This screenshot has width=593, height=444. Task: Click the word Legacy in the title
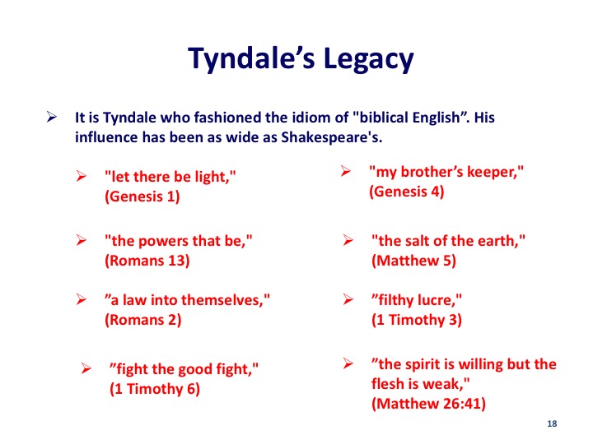pyautogui.click(x=369, y=59)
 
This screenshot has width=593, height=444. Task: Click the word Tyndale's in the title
pyautogui.click(x=251, y=59)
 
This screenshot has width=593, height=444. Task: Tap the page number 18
pyautogui.click(x=552, y=423)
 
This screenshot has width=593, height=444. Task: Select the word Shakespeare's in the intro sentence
pyautogui.click(x=332, y=137)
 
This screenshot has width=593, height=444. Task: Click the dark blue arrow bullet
pyautogui.click(x=52, y=117)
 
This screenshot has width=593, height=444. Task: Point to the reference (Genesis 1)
pyautogui.click(x=142, y=197)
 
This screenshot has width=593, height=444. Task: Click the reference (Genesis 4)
pyautogui.click(x=407, y=192)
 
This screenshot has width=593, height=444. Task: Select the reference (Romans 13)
pyautogui.click(x=147, y=261)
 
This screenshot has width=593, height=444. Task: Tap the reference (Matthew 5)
pyautogui.click(x=413, y=261)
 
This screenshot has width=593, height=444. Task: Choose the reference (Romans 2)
pyautogui.click(x=143, y=320)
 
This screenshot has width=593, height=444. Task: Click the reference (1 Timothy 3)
pyautogui.click(x=417, y=320)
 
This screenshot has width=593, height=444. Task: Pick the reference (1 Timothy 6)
pyautogui.click(x=155, y=389)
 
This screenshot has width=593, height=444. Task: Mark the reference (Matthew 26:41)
pyautogui.click(x=428, y=404)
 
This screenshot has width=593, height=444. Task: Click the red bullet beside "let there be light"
pyautogui.click(x=82, y=176)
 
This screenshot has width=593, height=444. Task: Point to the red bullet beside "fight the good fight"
pyautogui.click(x=86, y=368)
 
